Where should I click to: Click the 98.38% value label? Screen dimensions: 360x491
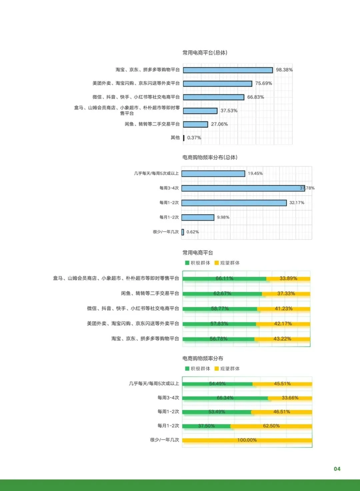284,70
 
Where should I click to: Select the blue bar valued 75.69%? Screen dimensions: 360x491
217,84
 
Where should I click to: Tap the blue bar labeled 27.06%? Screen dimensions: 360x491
195,124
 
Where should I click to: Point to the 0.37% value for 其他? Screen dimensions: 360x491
194,138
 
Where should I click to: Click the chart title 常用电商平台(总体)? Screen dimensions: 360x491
205,53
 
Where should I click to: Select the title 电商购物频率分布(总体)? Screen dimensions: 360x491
210,157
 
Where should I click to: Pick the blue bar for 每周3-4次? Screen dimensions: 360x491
243,188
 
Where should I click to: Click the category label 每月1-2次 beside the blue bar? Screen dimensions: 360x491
169,217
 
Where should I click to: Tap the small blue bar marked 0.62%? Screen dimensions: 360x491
183,232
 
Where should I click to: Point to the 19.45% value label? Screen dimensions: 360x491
255,173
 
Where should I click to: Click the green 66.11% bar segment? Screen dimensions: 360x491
224,279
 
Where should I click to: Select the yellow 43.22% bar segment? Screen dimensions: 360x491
282,339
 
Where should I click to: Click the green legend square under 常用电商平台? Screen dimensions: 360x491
187,263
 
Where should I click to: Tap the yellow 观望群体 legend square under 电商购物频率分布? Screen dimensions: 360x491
217,368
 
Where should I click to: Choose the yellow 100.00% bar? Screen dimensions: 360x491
247,440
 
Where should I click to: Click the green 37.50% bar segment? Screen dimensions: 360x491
206,426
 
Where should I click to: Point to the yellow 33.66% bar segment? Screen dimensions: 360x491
290,398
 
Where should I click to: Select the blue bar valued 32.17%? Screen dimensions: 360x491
234,203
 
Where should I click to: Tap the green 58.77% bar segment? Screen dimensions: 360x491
220,309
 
